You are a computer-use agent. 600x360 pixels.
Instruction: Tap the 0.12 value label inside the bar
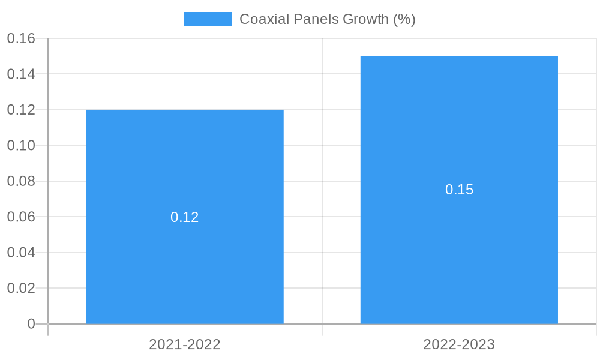coord(185,217)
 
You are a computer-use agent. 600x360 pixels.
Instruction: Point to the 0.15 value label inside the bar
coord(459,190)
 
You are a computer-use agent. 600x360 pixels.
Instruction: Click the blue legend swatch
coord(208,19)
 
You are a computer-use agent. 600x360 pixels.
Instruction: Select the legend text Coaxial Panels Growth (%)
coord(327,19)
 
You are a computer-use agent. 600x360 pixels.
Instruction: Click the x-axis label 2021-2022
coord(185,344)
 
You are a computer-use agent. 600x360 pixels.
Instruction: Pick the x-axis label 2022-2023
coord(459,344)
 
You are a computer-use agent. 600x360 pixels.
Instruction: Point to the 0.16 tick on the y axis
coord(21,38)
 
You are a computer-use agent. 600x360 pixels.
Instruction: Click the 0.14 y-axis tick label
coord(21,74)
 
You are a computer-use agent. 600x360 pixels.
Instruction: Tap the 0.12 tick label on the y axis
coord(21,110)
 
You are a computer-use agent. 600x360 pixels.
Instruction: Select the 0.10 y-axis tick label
coord(21,146)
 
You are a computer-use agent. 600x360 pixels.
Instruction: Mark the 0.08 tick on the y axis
coord(21,181)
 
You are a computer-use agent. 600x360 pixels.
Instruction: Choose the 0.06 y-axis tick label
coord(21,217)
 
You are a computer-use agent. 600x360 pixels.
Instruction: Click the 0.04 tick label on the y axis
coord(21,253)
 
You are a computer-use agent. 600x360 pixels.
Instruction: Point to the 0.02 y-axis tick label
coord(21,288)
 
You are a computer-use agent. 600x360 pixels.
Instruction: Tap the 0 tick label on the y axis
coord(31,324)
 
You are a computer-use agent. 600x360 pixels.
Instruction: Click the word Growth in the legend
coord(365,19)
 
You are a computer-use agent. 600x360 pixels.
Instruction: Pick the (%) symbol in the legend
coord(404,19)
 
